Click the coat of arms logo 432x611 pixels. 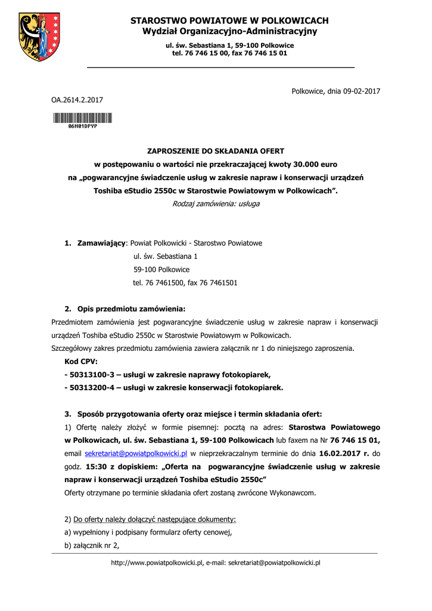coord(40,38)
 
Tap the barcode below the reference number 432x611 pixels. coord(82,118)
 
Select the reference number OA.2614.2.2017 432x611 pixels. coord(77,100)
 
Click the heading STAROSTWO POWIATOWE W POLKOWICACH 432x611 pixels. coord(229,21)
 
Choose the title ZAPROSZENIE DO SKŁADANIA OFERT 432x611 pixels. coord(216,151)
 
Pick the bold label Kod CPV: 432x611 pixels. coord(81,362)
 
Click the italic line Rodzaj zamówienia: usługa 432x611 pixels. coord(216,203)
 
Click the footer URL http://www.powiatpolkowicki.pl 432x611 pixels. coord(157,563)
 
